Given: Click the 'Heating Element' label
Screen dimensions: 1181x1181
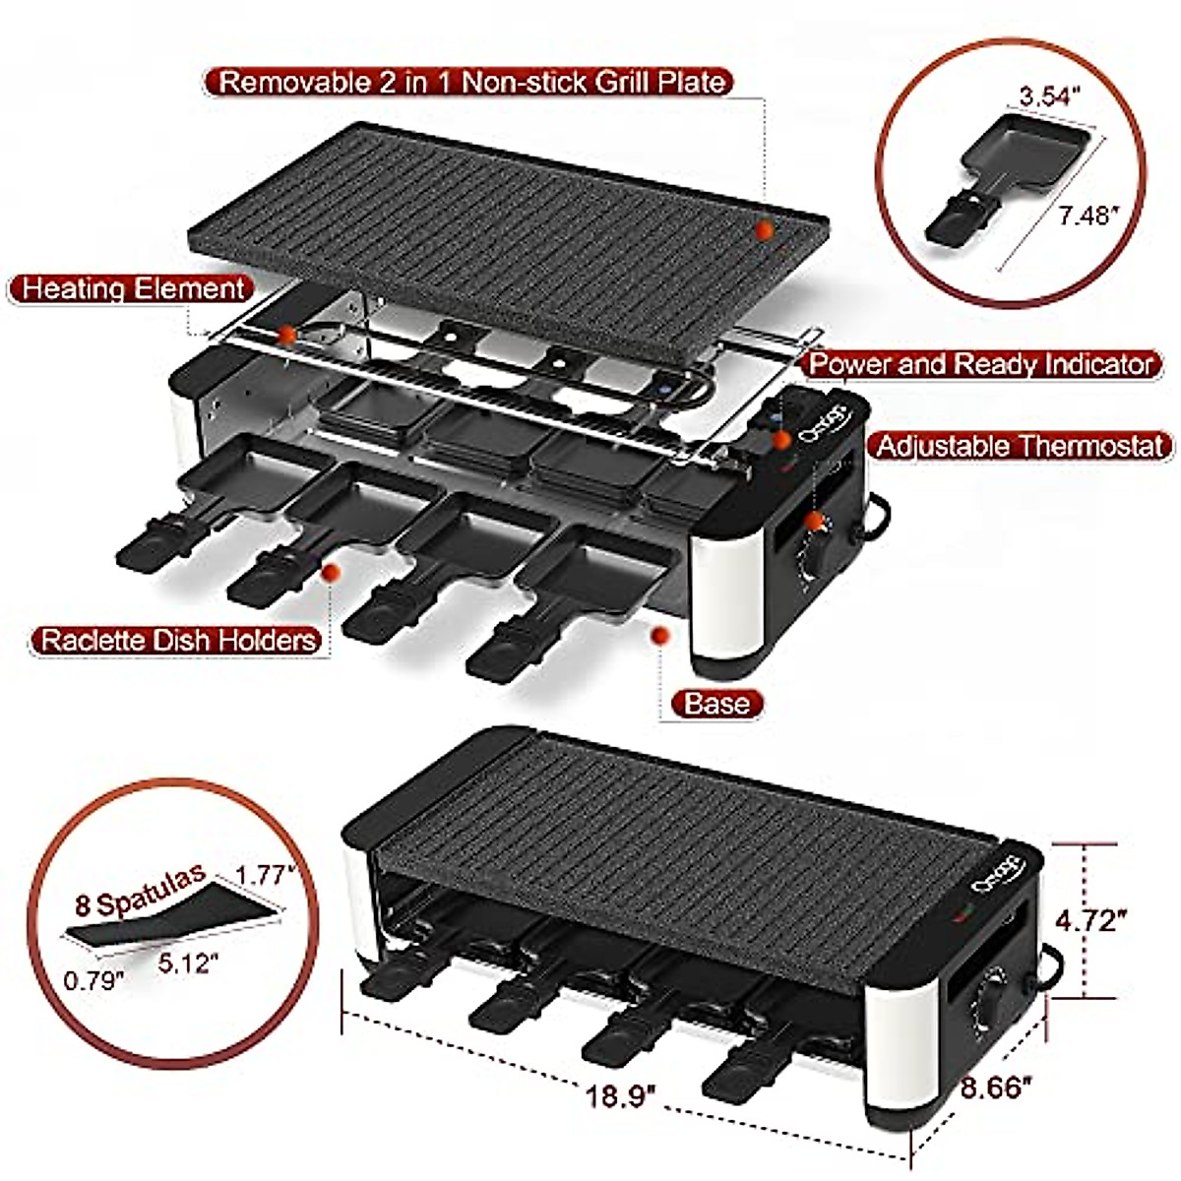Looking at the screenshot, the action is [x=132, y=289].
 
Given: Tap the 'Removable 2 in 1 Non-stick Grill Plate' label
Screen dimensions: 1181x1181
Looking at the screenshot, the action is [x=471, y=81].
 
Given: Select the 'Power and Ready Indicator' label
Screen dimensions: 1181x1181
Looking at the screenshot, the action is [x=980, y=364].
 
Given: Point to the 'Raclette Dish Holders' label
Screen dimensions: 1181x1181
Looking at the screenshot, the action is [x=178, y=641].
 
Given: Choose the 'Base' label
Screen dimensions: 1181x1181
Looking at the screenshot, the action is [x=717, y=703].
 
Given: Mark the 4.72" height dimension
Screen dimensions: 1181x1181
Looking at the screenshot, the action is [x=1090, y=921].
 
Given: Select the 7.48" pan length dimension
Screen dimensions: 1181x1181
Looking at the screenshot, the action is [x=1089, y=216].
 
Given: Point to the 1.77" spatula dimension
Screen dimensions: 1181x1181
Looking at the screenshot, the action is [x=266, y=873].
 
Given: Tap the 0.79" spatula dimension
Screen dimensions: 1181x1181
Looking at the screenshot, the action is [x=94, y=979].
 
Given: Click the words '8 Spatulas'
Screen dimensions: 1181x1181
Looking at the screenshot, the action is [x=139, y=891].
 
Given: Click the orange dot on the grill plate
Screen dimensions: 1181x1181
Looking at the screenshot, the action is [x=764, y=229].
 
